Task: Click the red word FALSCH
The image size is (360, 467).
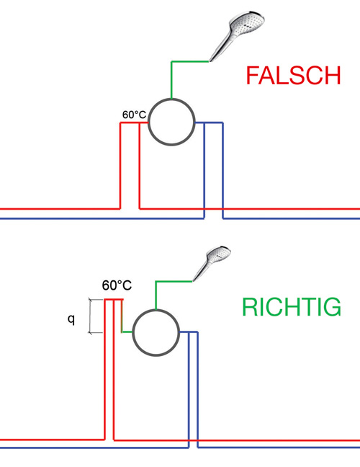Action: (293, 76)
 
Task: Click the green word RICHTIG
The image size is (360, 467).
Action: (292, 307)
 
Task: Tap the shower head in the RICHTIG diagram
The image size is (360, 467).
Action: (212, 263)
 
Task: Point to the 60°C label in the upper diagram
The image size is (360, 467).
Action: (134, 115)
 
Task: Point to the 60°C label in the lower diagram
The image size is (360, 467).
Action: (117, 285)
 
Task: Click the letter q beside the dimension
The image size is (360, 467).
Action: (71, 319)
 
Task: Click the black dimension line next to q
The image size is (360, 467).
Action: (91, 316)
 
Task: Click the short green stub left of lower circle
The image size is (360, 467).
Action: (127, 332)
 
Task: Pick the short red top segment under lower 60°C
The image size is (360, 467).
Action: (114, 299)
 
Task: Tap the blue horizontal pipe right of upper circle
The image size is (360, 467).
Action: (209, 123)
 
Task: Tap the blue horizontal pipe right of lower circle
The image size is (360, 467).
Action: (189, 332)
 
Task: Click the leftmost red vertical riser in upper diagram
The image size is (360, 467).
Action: (120, 166)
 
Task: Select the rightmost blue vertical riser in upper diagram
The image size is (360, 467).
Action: (223, 170)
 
